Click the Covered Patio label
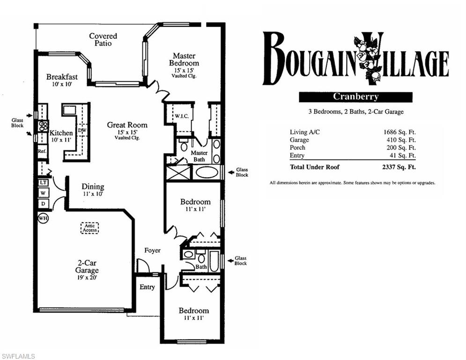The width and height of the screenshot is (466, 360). click(103, 39)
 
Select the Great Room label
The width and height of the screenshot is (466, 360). click(127, 125)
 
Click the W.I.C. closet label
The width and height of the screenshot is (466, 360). click(181, 116)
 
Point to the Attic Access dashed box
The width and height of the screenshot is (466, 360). click(89, 228)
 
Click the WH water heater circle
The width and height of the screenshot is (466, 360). click(43, 218)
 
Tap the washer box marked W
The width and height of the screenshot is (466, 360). click(43, 193)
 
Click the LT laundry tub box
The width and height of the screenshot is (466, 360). click(43, 182)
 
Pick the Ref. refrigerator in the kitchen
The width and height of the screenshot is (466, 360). click(42, 151)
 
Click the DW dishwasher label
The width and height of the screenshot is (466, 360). click(82, 130)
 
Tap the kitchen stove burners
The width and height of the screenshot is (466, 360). click(43, 126)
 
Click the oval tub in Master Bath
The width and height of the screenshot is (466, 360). click(206, 172)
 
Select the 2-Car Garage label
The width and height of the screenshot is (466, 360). click(87, 267)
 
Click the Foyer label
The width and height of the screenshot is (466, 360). click(152, 250)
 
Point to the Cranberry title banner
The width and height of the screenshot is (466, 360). click(355, 97)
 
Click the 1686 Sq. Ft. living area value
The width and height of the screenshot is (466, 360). click(399, 132)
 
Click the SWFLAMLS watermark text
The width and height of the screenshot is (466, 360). click(18, 356)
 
